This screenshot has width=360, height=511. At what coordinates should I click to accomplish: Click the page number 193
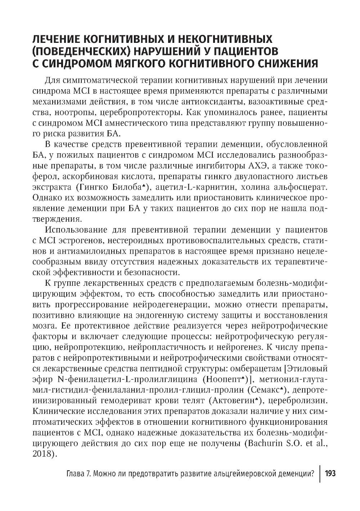[x=330, y=474]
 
